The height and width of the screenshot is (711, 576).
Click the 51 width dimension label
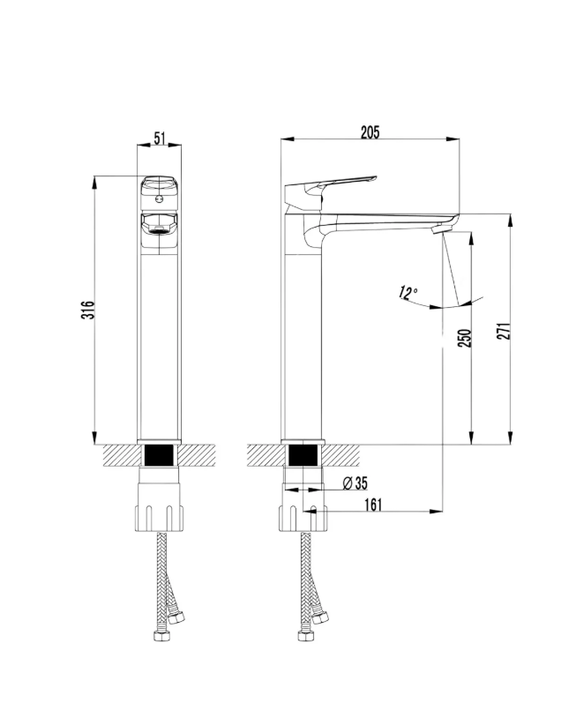click(x=160, y=138)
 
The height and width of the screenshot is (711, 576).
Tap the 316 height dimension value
click(x=88, y=310)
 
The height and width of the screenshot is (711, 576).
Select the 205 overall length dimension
click(x=370, y=132)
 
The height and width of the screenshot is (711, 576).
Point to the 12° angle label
click(x=408, y=293)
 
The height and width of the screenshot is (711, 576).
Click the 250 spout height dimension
click(x=465, y=338)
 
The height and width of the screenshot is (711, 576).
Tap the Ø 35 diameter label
click(x=355, y=483)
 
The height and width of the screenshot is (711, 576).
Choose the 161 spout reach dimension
click(x=373, y=505)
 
